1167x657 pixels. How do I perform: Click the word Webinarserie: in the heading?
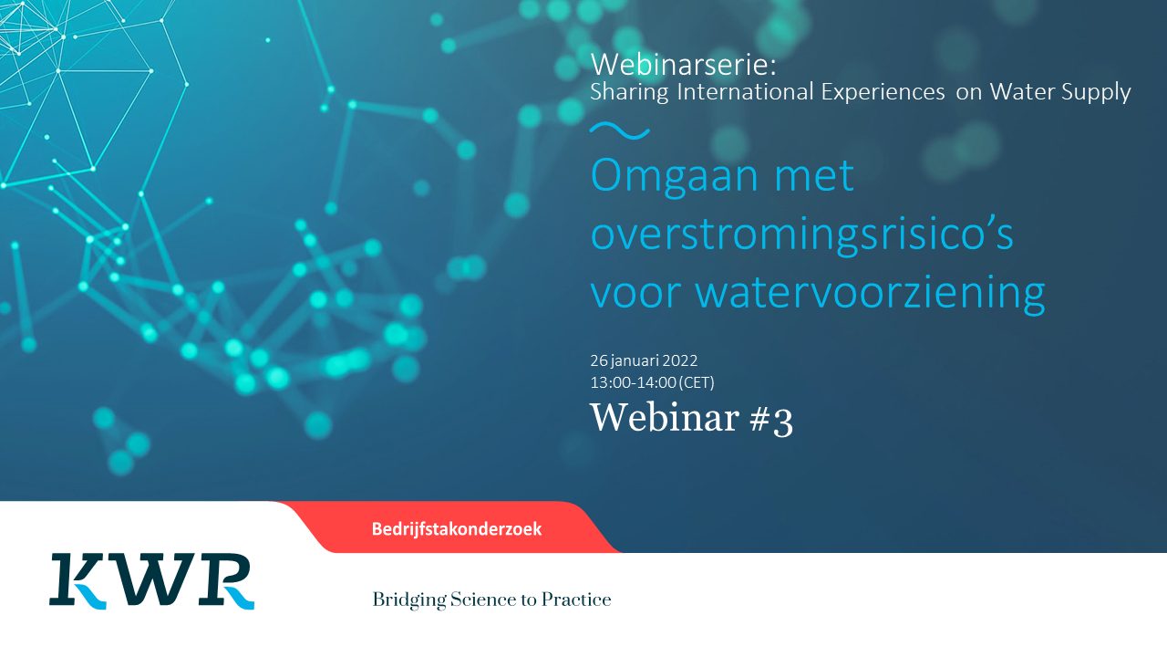pyautogui.click(x=684, y=65)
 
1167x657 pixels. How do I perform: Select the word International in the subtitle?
pyautogui.click(x=746, y=92)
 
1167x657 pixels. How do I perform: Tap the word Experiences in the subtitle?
pyautogui.click(x=883, y=92)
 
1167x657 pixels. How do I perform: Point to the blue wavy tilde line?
pyautogui.click(x=619, y=130)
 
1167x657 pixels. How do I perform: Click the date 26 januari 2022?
pyautogui.click(x=644, y=360)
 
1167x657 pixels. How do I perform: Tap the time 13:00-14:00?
pyautogui.click(x=633, y=382)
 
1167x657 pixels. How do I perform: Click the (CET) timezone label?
pyautogui.click(x=697, y=382)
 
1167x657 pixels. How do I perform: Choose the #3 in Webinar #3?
pyautogui.click(x=771, y=419)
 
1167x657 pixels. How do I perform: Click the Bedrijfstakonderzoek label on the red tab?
pyautogui.click(x=457, y=529)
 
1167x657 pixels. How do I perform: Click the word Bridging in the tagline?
pyautogui.click(x=409, y=600)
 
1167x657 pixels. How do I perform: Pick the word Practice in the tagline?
pyautogui.click(x=576, y=600)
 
